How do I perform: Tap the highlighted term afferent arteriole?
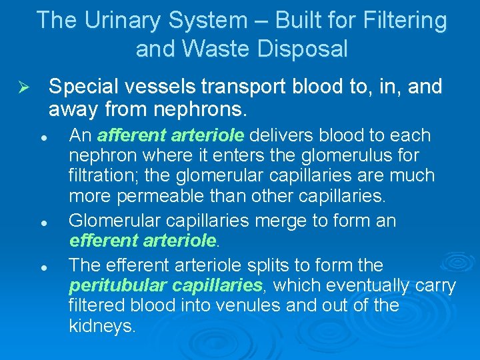pyautogui.click(x=171, y=136)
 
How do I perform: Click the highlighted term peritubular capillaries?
pyautogui.click(x=166, y=286)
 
